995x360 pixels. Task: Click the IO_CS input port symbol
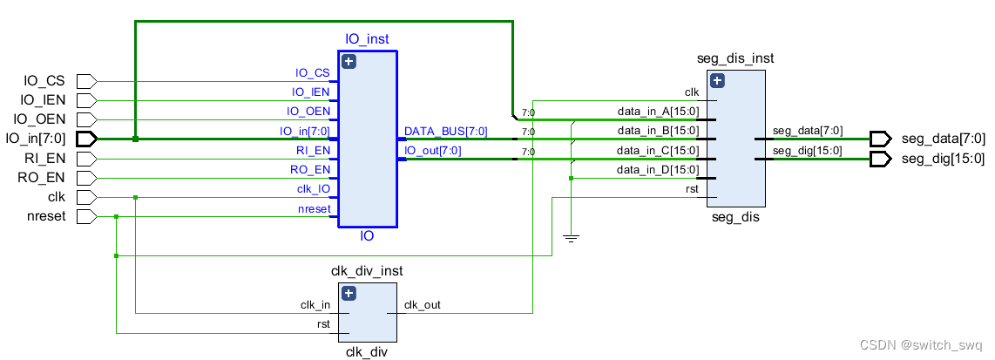pyautogui.click(x=86, y=81)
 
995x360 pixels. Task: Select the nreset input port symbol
pyautogui.click(x=86, y=217)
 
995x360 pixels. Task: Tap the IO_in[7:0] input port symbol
pyautogui.click(x=86, y=139)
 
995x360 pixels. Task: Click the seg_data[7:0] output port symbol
pyautogui.click(x=881, y=139)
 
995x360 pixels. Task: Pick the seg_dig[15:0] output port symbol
pyautogui.click(x=881, y=159)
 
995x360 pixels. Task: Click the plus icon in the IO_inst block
pyautogui.click(x=349, y=62)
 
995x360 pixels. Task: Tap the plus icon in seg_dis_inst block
pyautogui.click(x=718, y=81)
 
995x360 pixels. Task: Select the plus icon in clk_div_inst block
pyautogui.click(x=349, y=294)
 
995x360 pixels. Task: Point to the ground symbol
pyautogui.click(x=571, y=238)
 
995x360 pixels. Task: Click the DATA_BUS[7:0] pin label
pyautogui.click(x=445, y=132)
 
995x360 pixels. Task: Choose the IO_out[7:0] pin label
pyautogui.click(x=433, y=151)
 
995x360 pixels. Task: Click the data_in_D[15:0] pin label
pyautogui.click(x=658, y=170)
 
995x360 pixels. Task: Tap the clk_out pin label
pyautogui.click(x=422, y=305)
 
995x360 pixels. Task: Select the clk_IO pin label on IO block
pyautogui.click(x=314, y=189)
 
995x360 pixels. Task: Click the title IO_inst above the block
pyautogui.click(x=367, y=39)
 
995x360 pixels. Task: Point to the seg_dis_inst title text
pyautogui.click(x=735, y=59)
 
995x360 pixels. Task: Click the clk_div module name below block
pyautogui.click(x=367, y=352)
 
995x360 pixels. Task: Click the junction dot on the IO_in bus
pyautogui.click(x=135, y=139)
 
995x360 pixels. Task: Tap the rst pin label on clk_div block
pyautogui.click(x=323, y=324)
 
